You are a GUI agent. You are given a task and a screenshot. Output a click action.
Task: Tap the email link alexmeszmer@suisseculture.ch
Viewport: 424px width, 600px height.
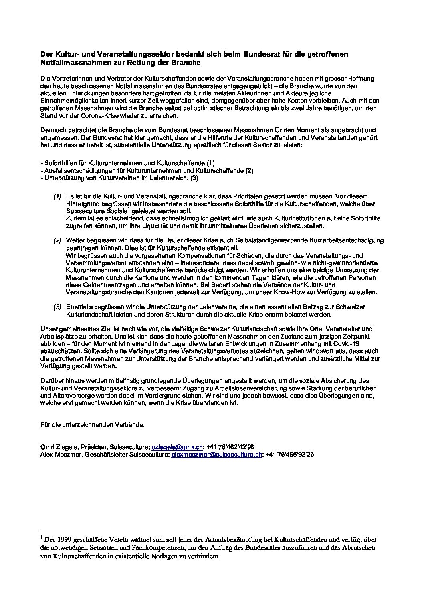217,455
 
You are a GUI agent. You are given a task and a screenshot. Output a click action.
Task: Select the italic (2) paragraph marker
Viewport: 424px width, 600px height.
57,240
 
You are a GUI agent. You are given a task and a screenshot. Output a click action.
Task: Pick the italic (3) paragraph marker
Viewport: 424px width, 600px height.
57,307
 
